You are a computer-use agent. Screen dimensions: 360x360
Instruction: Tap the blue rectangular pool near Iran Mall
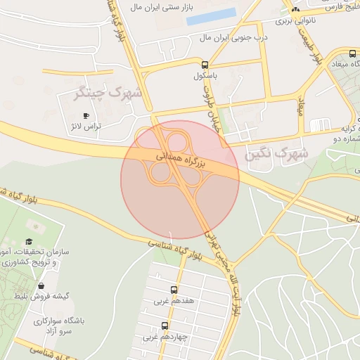pyautogui.click(x=211, y=16)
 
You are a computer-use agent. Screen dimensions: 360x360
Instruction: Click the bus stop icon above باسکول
pyautogui.click(x=205, y=63)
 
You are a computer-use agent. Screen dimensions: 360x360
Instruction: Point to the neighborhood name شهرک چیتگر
pyautogui.click(x=108, y=92)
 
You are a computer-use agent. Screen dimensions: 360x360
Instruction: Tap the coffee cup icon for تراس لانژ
pyautogui.click(x=86, y=115)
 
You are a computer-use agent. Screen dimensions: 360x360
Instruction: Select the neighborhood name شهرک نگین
pyautogui.click(x=277, y=153)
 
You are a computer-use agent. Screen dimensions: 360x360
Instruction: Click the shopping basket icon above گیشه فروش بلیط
pyautogui.click(x=41, y=286)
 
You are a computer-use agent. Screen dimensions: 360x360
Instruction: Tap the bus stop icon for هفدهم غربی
pyautogui.click(x=174, y=290)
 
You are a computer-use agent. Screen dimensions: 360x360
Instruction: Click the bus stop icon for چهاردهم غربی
pyautogui.click(x=165, y=326)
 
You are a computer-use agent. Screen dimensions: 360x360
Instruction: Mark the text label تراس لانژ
pyautogui.click(x=84, y=127)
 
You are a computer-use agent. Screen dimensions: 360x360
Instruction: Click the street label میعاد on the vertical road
pyautogui.click(x=300, y=106)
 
